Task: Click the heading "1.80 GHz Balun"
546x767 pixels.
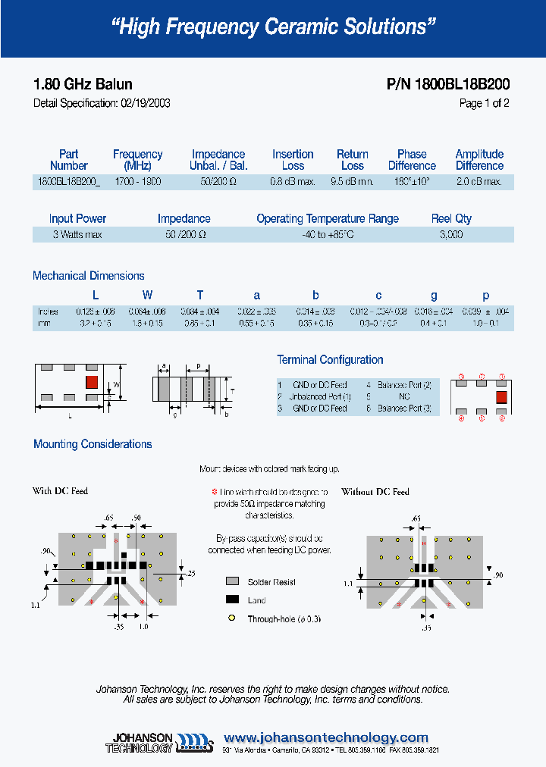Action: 83,85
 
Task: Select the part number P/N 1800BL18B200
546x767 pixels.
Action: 448,85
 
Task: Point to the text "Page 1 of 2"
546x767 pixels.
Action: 484,104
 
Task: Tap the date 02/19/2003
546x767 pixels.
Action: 145,104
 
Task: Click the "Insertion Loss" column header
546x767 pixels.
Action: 293,160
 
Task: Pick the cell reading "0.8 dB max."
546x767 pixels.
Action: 293,182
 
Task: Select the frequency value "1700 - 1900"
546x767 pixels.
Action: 138,182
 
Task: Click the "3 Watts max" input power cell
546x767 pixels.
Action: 77,235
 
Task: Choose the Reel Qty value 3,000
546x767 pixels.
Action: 451,235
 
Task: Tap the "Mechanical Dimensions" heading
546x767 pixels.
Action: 89,276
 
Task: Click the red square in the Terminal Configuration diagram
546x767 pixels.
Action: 501,396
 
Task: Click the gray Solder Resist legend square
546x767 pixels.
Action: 232,582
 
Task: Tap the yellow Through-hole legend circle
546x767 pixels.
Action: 232,618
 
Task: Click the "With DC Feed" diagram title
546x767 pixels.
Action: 61,491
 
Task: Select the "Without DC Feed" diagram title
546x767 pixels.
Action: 375,492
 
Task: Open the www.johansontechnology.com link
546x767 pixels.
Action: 326,737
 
